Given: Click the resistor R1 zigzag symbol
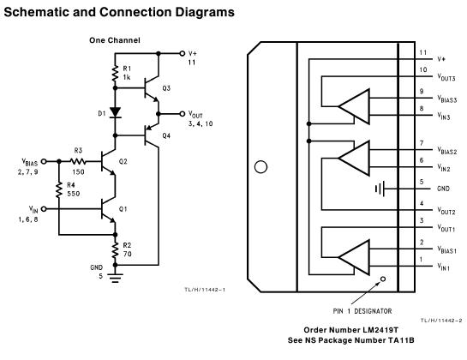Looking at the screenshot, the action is point(116,74).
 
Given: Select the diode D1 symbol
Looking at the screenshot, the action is point(116,112).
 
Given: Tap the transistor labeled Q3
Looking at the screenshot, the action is point(152,88).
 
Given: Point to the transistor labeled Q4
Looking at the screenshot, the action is point(152,136).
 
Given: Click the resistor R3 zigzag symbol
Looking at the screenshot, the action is point(78,161).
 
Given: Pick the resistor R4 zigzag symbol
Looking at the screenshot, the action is point(59,190).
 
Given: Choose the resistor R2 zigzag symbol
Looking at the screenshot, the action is point(116,250).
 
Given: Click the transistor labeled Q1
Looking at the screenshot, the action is point(108,209).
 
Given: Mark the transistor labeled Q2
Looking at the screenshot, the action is point(108,161).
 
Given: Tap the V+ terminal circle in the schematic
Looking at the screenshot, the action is point(183,53).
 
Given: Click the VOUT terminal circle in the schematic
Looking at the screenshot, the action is point(183,114).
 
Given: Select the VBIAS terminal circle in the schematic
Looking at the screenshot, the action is point(44,161).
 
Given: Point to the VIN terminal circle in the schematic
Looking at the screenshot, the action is point(44,209).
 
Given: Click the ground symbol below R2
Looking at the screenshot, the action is point(116,278).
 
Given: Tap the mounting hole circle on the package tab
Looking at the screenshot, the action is point(260,167).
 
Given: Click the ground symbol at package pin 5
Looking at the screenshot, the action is point(380,189).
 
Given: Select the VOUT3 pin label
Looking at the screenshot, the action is point(446,77).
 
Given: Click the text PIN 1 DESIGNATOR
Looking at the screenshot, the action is point(362,311).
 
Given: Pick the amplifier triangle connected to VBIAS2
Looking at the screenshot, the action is point(354,159).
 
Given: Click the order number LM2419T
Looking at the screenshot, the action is point(380,330).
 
